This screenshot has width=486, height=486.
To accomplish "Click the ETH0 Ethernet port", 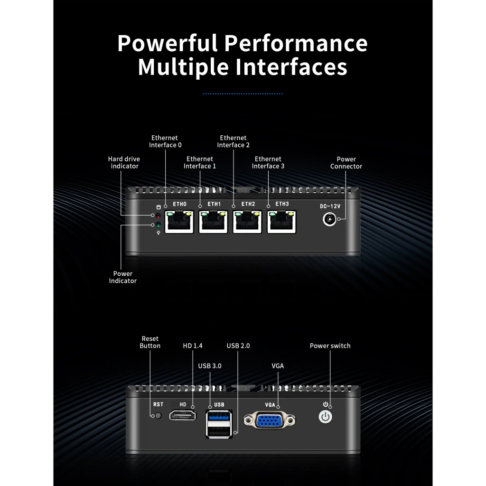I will (179, 222).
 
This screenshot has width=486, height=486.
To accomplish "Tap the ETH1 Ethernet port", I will (213, 222).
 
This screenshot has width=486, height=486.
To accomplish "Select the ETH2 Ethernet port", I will (247, 222).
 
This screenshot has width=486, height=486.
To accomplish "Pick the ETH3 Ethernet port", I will (281, 222).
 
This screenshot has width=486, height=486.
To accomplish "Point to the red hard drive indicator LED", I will (159, 215).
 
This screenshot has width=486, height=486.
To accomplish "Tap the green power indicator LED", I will (159, 224).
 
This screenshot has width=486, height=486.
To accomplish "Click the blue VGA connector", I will (270, 420).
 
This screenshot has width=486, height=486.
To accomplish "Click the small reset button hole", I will (158, 416).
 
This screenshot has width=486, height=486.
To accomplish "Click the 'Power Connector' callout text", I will (346, 163).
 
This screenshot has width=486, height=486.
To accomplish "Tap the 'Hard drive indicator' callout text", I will (124, 162).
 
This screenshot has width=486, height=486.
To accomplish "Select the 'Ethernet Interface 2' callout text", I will (233, 141).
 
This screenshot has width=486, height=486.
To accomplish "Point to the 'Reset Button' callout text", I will (150, 342).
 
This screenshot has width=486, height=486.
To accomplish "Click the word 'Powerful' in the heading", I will (168, 43).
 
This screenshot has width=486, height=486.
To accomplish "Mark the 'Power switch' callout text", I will (330, 346).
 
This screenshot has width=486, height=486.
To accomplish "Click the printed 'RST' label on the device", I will (158, 404).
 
